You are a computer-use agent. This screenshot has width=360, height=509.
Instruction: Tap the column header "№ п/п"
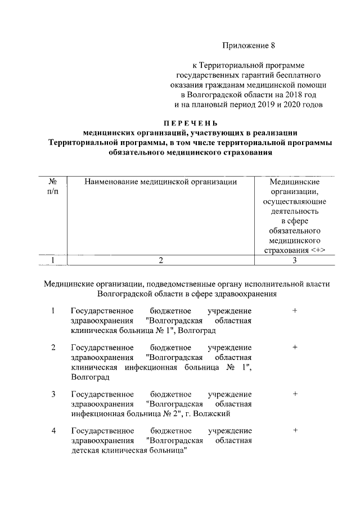pos(52,187)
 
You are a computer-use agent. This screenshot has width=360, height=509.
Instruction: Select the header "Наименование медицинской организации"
pos(160,182)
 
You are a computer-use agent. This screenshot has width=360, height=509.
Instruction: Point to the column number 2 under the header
pos(160,260)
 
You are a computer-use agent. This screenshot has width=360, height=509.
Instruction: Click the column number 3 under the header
pos(294,260)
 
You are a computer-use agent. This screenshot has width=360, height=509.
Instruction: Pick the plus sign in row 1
pos(294,311)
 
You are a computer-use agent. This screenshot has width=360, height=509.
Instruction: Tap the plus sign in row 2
pos(294,348)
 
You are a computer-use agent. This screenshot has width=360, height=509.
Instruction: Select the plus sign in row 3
pos(294,394)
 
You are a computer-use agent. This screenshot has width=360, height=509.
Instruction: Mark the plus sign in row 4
pos(294,430)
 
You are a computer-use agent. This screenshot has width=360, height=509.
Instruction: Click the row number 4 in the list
pos(53,431)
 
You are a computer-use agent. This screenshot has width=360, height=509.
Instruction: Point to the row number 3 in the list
pos(53,394)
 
